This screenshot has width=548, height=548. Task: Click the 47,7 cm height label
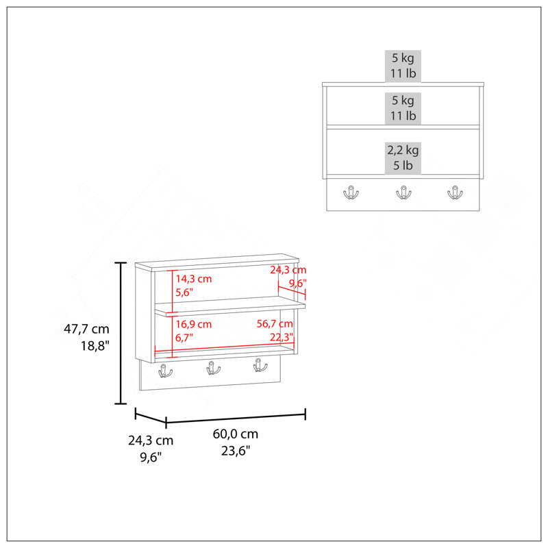[x=86, y=329]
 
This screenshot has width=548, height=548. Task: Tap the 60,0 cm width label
[x=236, y=434]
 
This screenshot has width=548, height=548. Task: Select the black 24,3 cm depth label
[x=151, y=440]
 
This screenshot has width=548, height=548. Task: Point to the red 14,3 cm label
[x=194, y=279]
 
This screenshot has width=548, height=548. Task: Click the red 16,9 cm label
[x=194, y=324]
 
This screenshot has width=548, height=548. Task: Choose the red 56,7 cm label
[x=275, y=323]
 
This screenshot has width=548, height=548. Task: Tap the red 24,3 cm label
[x=288, y=270]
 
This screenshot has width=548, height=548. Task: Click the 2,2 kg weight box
[x=403, y=158]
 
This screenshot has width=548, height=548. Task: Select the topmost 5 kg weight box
[x=403, y=66]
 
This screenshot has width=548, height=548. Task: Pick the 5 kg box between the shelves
[x=403, y=108]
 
